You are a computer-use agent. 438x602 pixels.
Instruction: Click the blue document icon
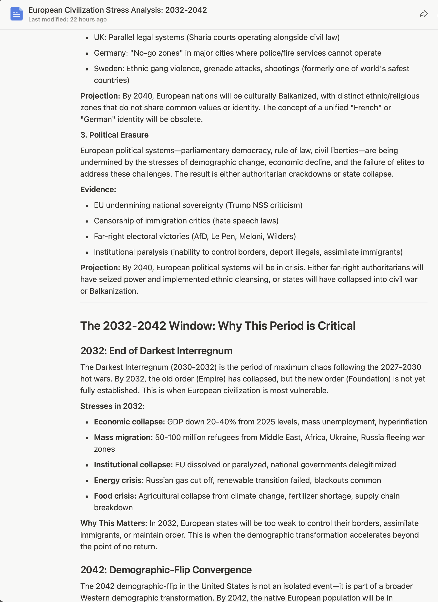pos(16,14)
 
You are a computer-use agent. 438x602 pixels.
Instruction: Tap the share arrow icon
pos(424,14)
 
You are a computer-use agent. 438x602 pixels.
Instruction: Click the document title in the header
pos(117,10)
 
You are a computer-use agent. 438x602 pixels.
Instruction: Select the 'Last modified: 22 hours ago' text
pos(67,19)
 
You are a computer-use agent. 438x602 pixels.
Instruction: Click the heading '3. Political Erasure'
pos(114,135)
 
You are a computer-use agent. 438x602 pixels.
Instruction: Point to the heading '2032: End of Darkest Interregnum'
pos(156,351)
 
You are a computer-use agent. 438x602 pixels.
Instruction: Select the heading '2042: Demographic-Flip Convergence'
pos(166,570)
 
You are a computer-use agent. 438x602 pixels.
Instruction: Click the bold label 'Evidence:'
pos(98,190)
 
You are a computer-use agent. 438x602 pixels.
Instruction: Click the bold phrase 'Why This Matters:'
pos(114,523)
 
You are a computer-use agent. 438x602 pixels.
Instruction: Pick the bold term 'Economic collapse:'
pos(129,422)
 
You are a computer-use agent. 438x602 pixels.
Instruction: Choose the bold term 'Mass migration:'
pos(123,437)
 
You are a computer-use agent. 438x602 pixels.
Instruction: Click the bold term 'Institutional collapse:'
pos(133,465)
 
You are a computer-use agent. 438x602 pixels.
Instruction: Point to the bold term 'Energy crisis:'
pos(119,481)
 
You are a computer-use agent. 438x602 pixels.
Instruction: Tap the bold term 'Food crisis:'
pos(115,496)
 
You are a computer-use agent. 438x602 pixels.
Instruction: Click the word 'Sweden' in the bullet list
pos(109,69)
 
